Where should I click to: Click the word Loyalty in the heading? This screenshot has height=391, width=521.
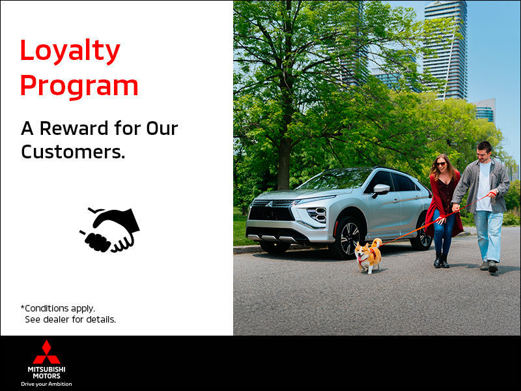[70, 51]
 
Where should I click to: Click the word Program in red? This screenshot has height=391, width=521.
[79, 85]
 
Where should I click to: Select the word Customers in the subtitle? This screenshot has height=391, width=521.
[69, 152]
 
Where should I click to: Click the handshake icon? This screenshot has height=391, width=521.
[110, 230]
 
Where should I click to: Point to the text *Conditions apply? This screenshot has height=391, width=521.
[57, 308]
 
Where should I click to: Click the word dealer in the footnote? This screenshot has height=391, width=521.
[63, 319]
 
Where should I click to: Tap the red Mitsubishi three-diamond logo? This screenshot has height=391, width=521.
[46, 352]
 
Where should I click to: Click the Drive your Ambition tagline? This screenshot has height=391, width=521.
[46, 384]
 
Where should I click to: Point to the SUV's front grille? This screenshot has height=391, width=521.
[270, 214]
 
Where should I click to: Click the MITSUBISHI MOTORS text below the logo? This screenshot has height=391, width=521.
[46, 371]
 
